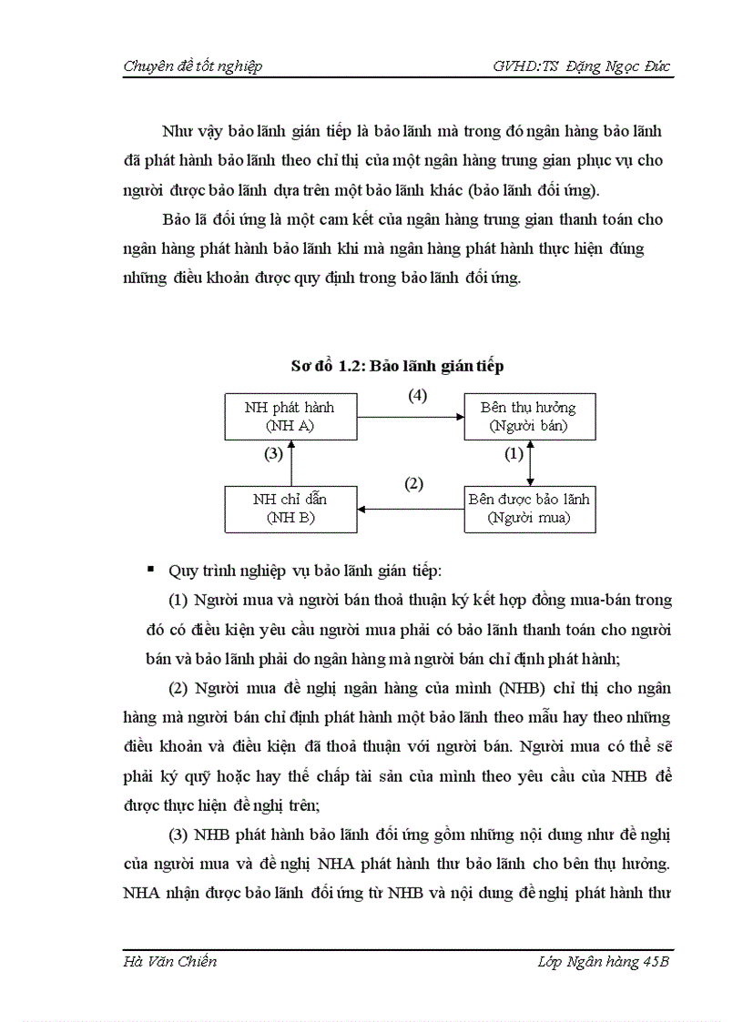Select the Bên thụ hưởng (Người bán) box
(528, 416)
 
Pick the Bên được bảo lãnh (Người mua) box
(528, 508)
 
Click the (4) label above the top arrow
(416, 396)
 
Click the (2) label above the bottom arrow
(413, 484)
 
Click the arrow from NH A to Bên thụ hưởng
(411, 417)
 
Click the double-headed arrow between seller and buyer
(530, 461)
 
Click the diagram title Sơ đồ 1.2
(397, 366)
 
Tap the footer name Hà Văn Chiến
(169, 963)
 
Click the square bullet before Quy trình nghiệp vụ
(150, 570)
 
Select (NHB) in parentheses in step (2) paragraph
(514, 688)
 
